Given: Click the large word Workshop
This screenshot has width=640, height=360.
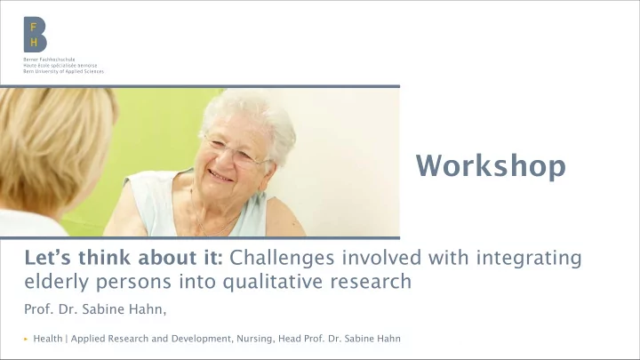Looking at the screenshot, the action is click(491, 166).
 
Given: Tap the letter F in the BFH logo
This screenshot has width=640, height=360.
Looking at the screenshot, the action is click(34, 28).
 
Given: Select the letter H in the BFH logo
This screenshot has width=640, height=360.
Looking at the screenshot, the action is click(34, 42).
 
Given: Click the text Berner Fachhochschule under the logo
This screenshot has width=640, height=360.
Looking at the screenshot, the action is click(49, 60).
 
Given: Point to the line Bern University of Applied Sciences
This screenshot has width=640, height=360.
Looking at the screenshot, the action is click(63, 71).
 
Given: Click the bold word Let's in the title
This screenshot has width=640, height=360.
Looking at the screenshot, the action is click(49, 258).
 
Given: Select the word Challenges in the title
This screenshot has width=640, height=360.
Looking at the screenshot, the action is click(282, 258).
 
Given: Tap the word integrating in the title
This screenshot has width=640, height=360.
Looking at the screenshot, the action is click(529, 259).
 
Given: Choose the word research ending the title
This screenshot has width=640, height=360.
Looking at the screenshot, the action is click(371, 283).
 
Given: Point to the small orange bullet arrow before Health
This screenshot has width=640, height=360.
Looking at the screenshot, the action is click(26, 339).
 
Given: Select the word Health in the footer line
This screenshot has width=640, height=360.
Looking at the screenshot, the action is click(48, 339).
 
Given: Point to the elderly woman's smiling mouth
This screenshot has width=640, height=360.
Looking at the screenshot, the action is click(220, 176).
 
